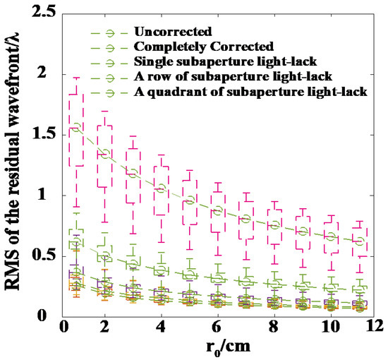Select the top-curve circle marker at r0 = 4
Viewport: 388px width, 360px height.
click(x=161, y=188)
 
